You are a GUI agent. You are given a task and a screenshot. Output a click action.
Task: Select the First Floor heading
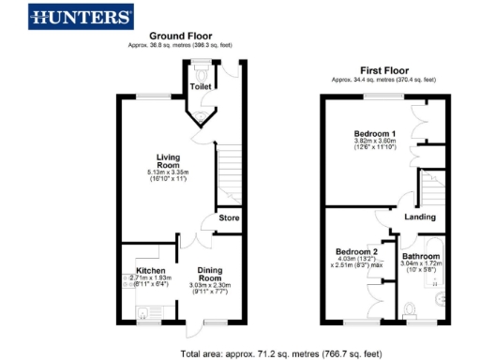point(383,70)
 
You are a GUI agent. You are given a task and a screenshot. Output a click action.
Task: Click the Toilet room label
point(201,86)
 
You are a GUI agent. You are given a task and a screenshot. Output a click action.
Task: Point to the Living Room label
point(168,161)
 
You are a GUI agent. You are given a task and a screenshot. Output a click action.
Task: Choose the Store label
point(229,218)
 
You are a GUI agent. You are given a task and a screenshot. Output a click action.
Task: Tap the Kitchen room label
point(138,271)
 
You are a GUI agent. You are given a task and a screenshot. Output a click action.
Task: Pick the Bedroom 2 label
point(356,251)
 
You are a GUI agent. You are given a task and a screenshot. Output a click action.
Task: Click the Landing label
point(418,217)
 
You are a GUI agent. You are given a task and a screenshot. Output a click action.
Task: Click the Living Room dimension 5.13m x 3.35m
point(168,173)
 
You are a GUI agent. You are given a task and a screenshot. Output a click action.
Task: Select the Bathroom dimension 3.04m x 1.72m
point(421,264)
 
